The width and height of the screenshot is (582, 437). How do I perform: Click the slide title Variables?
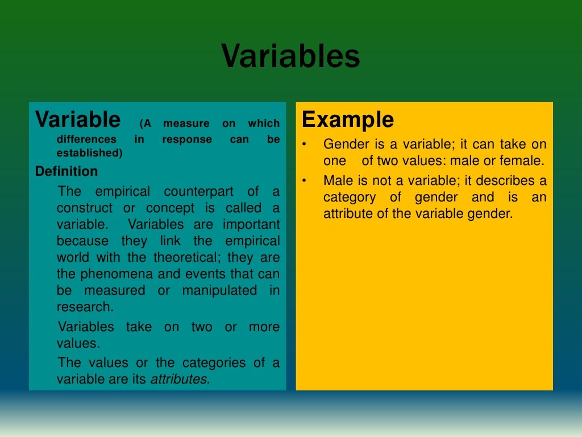coord(290,57)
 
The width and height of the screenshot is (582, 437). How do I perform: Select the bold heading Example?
coord(347,120)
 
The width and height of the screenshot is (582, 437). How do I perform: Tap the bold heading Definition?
coord(66,171)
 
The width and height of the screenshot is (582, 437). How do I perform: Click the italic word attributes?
coord(178,380)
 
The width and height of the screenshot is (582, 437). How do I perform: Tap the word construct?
coord(85,208)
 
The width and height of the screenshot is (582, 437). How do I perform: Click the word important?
coord(251,224)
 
